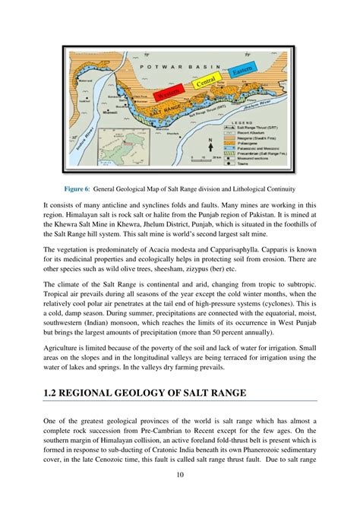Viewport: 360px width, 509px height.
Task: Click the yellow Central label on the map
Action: [x=206, y=82]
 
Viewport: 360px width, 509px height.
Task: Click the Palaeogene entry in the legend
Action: [x=269, y=141]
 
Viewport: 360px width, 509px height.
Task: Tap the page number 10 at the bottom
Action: [x=180, y=495]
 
